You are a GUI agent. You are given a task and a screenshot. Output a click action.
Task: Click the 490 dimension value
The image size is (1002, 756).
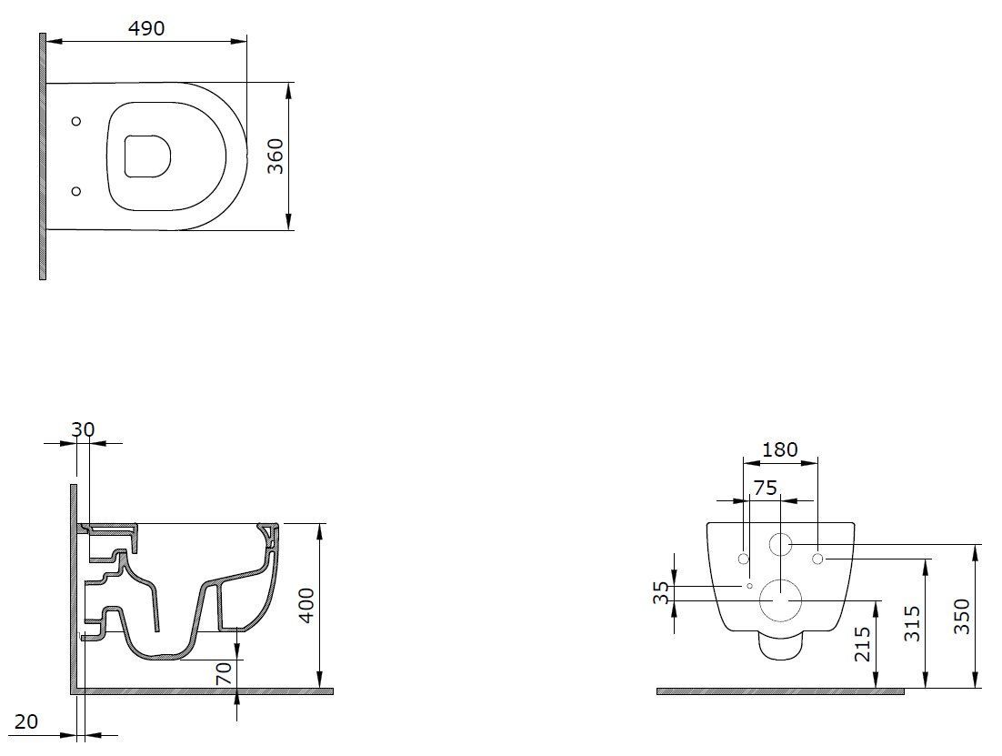(145, 28)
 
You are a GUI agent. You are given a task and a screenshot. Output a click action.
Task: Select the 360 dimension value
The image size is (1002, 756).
(276, 156)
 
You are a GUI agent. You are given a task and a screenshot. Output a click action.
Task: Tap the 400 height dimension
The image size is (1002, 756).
(307, 606)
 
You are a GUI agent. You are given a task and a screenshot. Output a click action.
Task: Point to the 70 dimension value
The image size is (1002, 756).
(225, 673)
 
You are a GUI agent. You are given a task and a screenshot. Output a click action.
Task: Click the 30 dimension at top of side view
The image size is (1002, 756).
(83, 429)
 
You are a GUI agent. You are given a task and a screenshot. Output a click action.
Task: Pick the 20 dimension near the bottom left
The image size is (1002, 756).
(26, 721)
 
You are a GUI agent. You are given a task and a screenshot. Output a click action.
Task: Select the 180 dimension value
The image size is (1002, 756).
(779, 449)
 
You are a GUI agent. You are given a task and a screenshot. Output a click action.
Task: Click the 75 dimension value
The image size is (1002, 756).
(766, 488)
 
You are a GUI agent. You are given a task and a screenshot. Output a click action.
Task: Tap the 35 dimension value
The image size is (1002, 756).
(662, 593)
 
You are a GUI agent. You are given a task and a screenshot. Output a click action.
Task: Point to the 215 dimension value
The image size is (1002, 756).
(864, 644)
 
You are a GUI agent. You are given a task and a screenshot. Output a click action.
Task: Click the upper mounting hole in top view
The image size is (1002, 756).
(76, 121)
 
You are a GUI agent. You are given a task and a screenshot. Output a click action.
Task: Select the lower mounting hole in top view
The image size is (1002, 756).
(76, 190)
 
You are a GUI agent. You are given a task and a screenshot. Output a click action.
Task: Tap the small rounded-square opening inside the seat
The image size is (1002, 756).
(147, 155)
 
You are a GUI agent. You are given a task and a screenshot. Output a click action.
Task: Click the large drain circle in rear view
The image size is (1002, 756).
(780, 600)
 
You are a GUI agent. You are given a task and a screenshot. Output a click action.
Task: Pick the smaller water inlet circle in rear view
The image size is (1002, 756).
(780, 545)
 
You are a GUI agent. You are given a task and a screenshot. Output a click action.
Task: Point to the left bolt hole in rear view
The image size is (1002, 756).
(743, 559)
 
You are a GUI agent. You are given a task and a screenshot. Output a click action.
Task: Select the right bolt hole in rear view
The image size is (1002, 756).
(817, 559)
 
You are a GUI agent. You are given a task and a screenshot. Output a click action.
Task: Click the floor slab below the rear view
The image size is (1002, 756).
(779, 691)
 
